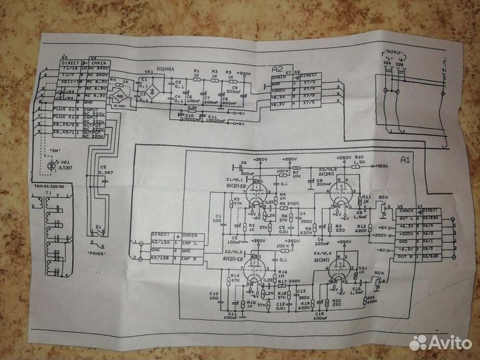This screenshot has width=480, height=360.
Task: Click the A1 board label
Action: [406, 160]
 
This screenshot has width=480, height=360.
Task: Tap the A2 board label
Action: [277, 69]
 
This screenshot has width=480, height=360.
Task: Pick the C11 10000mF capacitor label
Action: [217, 117]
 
